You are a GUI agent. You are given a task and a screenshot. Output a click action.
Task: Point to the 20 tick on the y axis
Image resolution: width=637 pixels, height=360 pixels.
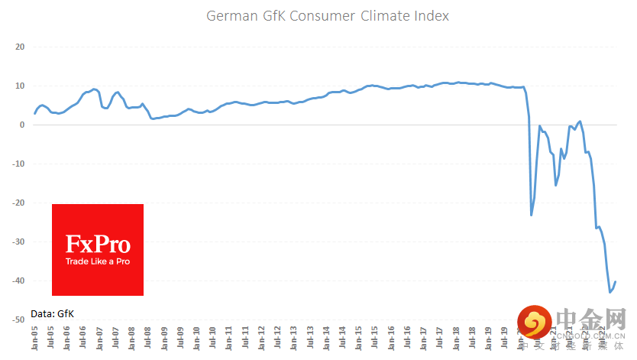(x=21, y=47)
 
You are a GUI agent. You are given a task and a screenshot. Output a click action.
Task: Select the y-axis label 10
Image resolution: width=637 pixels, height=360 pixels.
(x=21, y=86)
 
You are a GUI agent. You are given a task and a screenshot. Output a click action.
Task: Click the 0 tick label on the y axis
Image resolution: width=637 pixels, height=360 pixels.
(x=23, y=125)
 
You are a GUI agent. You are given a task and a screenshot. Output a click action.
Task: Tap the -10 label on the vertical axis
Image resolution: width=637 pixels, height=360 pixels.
(x=19, y=164)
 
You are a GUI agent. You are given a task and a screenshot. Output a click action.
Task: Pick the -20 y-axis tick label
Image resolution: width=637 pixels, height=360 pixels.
(x=19, y=203)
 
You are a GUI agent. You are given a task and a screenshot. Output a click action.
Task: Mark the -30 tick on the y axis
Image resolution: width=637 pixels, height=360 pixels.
(x=19, y=242)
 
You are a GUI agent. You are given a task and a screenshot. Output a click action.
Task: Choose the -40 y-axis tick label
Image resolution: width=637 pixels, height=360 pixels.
(x=19, y=281)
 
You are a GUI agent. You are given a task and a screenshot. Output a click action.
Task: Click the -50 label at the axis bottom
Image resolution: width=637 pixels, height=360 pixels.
(x=19, y=319)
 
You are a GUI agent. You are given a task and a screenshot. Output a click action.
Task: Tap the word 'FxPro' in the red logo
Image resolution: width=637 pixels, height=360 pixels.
(x=98, y=245)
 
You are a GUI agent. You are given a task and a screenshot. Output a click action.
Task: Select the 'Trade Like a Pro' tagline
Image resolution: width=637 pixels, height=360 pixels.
(x=98, y=261)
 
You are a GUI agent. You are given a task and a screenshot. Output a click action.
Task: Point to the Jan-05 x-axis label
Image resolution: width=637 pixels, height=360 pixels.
(x=35, y=339)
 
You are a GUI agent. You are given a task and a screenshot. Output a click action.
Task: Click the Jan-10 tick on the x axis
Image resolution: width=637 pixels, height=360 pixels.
(x=197, y=339)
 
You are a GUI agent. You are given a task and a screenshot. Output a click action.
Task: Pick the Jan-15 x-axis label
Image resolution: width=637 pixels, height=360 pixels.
(x=359, y=339)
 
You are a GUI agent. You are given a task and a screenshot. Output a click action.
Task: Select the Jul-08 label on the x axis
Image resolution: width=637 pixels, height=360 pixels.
(x=148, y=339)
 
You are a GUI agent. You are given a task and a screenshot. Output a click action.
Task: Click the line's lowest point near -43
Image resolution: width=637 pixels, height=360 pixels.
(x=610, y=292)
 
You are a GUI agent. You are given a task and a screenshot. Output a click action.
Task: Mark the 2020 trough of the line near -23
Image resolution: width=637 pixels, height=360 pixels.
(x=532, y=215)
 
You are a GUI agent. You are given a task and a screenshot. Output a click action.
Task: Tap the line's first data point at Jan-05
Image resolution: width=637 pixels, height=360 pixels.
(x=34, y=113)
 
